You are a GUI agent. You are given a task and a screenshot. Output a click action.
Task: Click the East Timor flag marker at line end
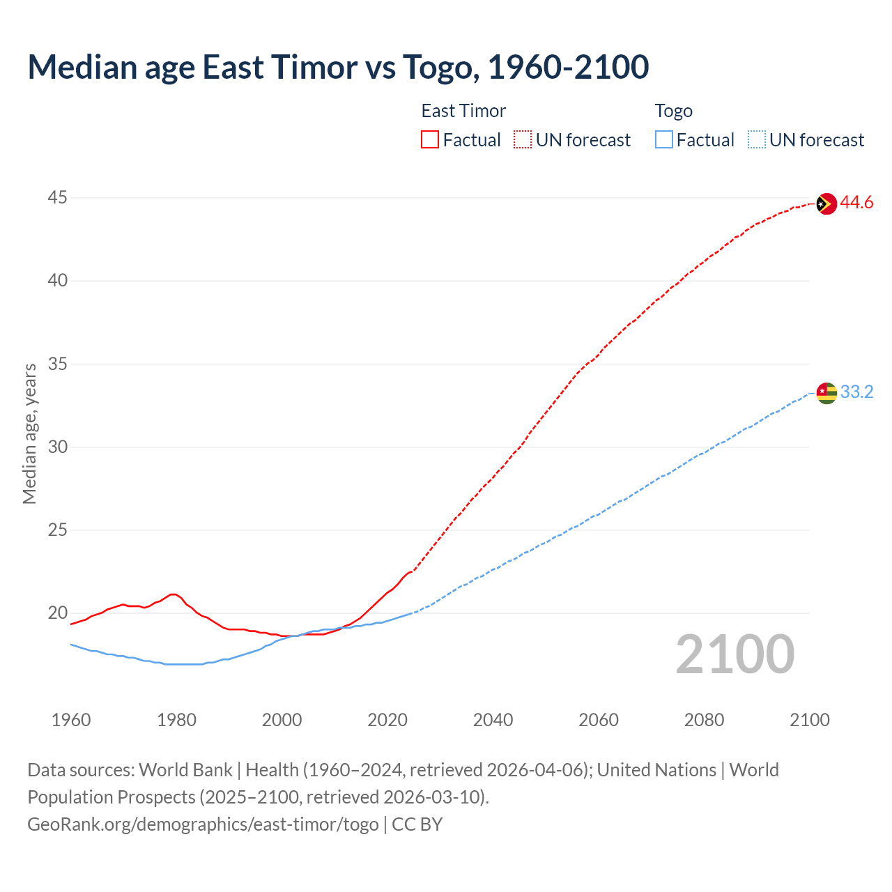point(826,203)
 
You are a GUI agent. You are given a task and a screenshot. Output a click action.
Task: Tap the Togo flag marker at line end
point(826,393)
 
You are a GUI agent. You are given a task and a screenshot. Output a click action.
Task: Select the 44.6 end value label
point(856,203)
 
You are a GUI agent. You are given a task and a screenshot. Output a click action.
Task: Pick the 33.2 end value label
point(856,392)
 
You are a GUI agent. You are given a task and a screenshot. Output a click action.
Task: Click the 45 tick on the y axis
point(57,198)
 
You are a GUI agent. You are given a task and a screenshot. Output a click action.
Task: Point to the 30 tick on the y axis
point(57,447)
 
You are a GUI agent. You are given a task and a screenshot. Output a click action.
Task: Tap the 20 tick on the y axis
point(57,613)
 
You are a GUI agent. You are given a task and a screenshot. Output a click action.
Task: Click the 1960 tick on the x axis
point(71,720)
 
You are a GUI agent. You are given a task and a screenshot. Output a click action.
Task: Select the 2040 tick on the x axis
point(493,720)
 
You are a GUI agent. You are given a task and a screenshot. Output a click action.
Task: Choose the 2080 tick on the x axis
point(704,720)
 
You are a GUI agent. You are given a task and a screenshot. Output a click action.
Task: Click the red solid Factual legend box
point(430,140)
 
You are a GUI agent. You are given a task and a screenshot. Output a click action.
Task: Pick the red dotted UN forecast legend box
point(523,140)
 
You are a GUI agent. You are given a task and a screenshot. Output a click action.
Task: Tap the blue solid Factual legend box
point(663,140)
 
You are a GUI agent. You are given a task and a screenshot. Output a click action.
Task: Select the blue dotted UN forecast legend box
point(756,140)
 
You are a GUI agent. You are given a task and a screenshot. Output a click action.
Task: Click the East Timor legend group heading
point(463,111)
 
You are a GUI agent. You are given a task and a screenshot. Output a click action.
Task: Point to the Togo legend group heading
point(673,111)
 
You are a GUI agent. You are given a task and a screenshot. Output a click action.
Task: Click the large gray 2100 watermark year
point(735,654)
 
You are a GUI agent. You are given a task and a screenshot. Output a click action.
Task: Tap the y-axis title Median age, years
point(29,433)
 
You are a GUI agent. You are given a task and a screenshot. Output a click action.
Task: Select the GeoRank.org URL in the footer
point(203,824)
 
